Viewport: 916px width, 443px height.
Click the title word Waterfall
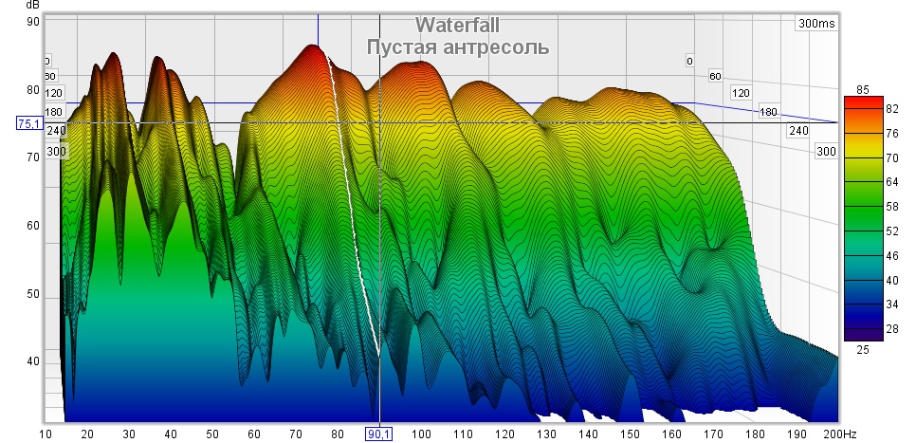point(457,26)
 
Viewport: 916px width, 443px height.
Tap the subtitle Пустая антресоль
point(457,46)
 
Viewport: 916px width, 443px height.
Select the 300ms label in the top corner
point(816,24)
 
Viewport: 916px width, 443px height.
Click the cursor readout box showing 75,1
point(30,123)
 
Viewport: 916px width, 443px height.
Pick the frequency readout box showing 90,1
point(379,434)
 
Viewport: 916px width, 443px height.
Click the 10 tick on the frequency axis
point(45,434)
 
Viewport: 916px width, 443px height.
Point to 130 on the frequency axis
point(546,434)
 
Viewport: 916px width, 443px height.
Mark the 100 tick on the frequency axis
point(420,434)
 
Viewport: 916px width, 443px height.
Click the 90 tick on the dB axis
point(32,22)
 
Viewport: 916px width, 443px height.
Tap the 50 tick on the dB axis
point(32,294)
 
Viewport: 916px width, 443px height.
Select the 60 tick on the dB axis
point(32,226)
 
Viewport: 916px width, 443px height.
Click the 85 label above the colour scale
point(862,89)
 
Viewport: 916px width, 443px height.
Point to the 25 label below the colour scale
point(862,350)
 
